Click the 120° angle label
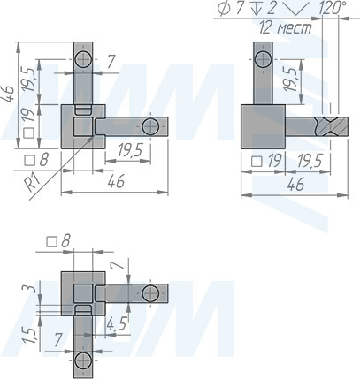333,8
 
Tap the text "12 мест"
286,28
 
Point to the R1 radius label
31,183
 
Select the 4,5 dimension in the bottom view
117,323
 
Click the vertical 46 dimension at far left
9,95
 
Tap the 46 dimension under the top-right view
295,185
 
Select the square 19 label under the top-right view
266,162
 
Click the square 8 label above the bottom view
58,242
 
